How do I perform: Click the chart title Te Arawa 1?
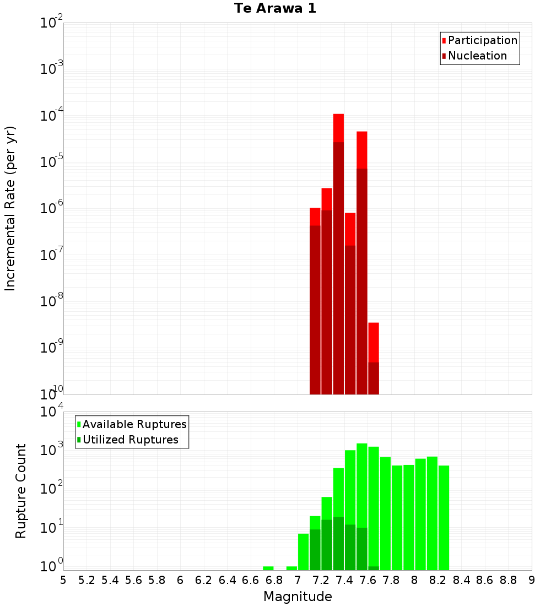click(275, 9)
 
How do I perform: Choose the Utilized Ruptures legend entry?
click(130, 440)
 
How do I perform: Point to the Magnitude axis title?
click(298, 597)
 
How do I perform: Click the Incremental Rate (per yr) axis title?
click(10, 208)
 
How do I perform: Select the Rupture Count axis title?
click(21, 491)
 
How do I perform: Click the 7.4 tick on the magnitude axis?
click(344, 580)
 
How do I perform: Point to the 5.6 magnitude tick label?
click(133, 580)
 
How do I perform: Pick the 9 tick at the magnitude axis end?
click(532, 580)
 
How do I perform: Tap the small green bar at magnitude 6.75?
click(268, 568)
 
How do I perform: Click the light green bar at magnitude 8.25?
click(444, 518)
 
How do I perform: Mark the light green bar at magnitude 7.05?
click(303, 551)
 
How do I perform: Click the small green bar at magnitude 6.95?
click(291, 568)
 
